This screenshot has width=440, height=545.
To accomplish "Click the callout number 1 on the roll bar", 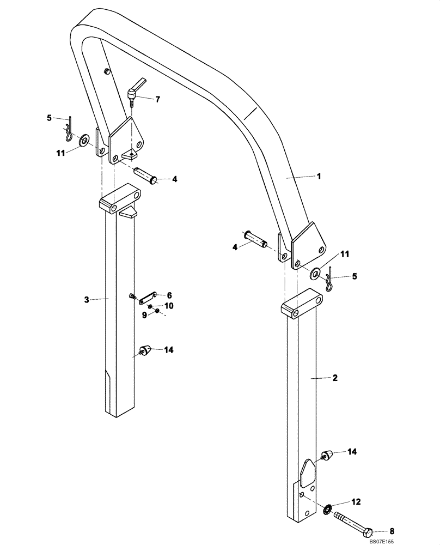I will [x=320, y=176].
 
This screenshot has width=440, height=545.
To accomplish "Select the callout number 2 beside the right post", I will [x=335, y=377].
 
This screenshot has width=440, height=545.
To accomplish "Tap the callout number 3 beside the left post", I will [x=86, y=299].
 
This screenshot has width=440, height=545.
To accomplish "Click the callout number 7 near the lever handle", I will [x=157, y=99].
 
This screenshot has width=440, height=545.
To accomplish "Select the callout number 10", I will [x=169, y=306].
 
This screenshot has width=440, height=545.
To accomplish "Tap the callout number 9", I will [x=145, y=315].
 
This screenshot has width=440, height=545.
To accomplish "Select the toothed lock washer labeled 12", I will [x=327, y=510].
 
